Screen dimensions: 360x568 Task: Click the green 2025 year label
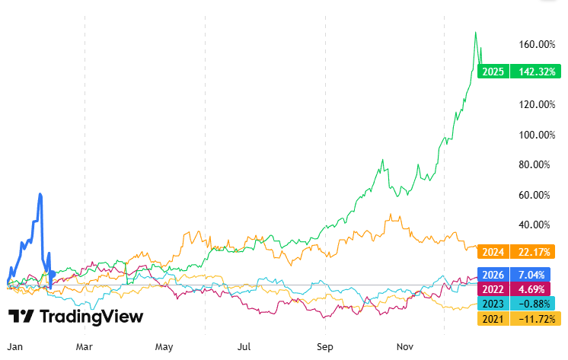(x=492, y=72)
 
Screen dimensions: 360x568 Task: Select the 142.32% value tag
(x=530, y=72)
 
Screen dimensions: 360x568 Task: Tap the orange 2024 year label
(x=492, y=252)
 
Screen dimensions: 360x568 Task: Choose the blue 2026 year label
(x=492, y=275)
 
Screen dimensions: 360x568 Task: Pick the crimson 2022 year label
(x=492, y=289)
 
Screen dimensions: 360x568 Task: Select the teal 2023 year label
(x=492, y=304)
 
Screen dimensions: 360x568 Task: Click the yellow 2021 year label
(x=492, y=318)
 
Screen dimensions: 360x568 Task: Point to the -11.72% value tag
(x=530, y=318)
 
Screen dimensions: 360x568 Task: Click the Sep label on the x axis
(x=325, y=346)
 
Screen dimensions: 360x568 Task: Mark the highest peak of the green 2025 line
(x=476, y=32)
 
